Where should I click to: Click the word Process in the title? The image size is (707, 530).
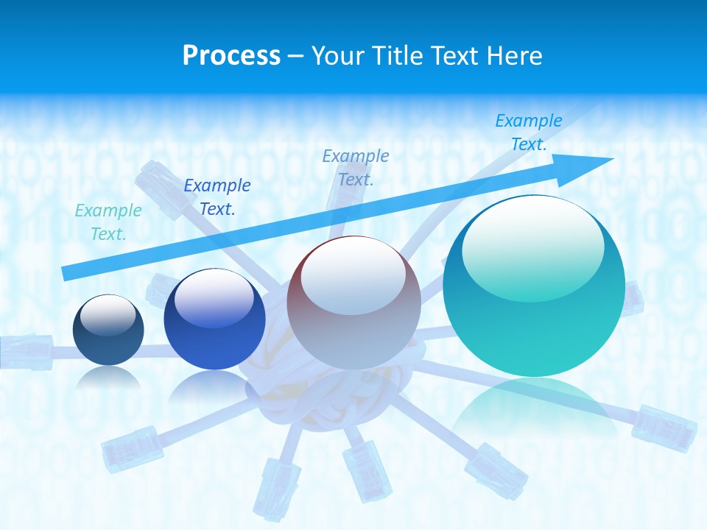[x=231, y=55]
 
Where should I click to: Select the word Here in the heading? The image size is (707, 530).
[x=515, y=55]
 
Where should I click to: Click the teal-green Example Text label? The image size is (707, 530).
[x=108, y=222]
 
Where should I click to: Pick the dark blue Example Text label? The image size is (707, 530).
[x=217, y=197]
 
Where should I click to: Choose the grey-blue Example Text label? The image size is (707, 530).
[x=356, y=167]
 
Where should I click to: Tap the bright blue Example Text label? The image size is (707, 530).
[x=529, y=132]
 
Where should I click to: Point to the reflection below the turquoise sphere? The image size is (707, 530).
[x=534, y=412]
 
